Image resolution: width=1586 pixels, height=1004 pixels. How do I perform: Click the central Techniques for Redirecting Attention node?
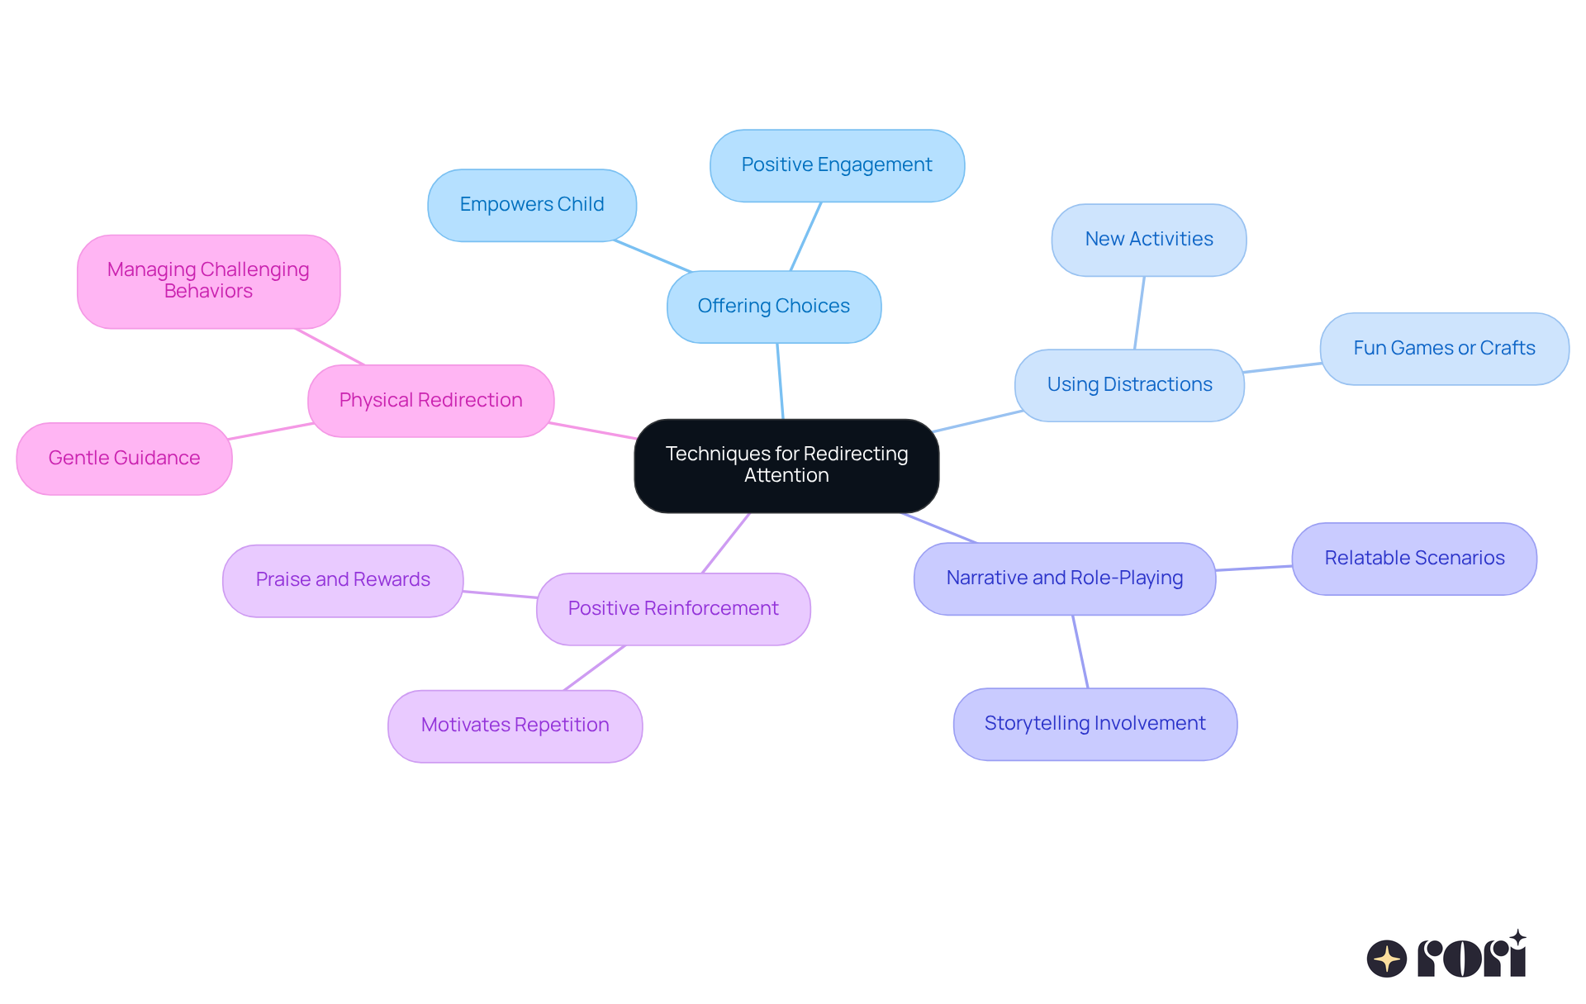[x=786, y=465]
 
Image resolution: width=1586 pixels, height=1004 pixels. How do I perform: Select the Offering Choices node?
[x=773, y=307]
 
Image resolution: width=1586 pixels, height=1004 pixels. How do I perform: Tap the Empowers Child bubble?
[x=531, y=205]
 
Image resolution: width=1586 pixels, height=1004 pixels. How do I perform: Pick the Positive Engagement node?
[x=836, y=165]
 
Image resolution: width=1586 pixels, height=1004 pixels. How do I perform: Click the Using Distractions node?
[x=1128, y=385]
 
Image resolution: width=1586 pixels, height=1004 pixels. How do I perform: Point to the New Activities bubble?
[x=1148, y=240]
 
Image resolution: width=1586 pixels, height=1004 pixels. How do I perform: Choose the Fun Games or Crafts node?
[x=1443, y=349]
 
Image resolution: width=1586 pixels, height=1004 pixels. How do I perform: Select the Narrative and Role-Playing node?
[x=1064, y=578]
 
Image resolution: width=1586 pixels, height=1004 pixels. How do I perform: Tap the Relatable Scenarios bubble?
[x=1413, y=559]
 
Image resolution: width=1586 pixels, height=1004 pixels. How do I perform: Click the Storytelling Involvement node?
[x=1095, y=724]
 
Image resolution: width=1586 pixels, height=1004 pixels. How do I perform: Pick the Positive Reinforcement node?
[x=672, y=609]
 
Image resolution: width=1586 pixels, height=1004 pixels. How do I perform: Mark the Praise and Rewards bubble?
[x=342, y=580]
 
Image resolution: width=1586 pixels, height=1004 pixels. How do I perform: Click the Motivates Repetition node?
[x=515, y=726]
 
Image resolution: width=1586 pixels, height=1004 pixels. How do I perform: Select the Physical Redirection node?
[x=430, y=401]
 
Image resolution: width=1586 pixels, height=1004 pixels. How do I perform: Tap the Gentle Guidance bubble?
[x=124, y=459]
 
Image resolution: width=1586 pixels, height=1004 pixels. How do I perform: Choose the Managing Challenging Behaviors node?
[x=208, y=281]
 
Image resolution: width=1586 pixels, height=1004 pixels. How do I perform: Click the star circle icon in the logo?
[x=1386, y=959]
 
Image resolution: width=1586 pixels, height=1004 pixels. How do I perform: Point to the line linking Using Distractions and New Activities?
[x=1139, y=312]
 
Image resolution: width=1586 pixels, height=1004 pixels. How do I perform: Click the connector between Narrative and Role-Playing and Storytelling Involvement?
[x=1080, y=651]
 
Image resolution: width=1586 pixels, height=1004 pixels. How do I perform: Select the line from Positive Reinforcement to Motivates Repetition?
[x=595, y=668]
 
